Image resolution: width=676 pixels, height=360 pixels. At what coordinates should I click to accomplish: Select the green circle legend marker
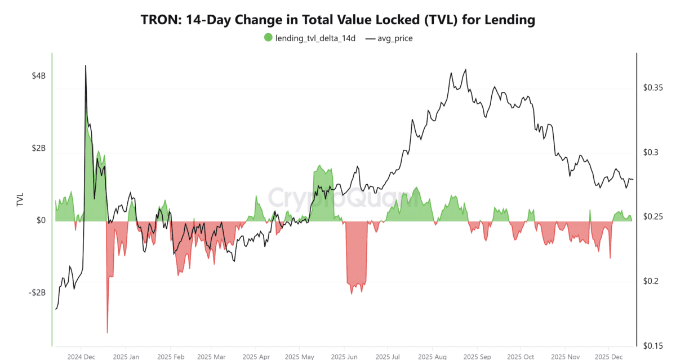pos(268,38)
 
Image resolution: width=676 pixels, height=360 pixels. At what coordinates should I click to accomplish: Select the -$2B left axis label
pos(38,293)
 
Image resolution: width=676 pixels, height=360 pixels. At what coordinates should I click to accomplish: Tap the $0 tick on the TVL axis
pos(42,220)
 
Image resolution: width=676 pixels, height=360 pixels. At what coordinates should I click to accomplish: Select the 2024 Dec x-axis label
pos(81,357)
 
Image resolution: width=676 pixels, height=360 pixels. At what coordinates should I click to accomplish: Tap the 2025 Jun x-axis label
pos(344,357)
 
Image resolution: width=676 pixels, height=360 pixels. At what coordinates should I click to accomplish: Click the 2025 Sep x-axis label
pos(476,357)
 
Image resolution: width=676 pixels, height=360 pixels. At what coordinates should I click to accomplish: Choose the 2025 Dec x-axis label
pos(608,357)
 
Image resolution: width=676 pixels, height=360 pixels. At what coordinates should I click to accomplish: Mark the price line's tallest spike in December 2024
pos(86,66)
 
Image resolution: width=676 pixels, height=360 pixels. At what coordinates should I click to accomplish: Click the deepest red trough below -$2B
pos(107,332)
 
